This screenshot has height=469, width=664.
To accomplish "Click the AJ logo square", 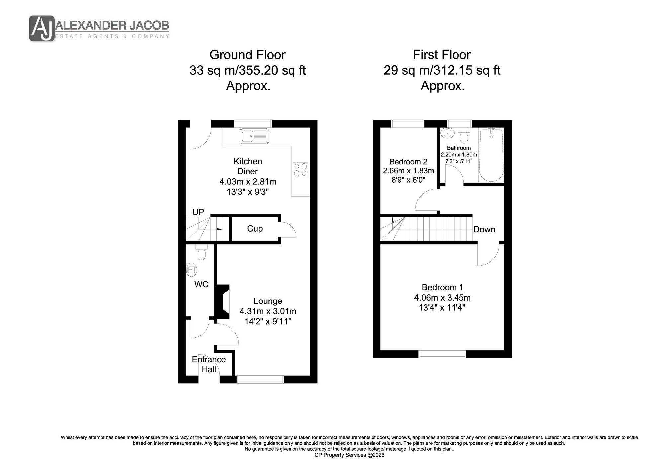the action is tap(41, 29).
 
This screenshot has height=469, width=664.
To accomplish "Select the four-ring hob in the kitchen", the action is tap(301, 170).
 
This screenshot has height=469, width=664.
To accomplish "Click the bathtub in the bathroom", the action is tap(491, 155).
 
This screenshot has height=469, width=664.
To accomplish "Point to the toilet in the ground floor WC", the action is tap(201, 252).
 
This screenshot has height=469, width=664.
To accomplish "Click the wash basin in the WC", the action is tap(191, 269).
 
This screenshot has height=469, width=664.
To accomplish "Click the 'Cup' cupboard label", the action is tap(255, 229).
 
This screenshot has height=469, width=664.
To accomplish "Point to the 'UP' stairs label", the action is tap(198, 212).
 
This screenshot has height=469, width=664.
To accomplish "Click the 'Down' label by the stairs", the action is tap(484, 229).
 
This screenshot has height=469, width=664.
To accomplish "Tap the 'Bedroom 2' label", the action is tap(408, 162).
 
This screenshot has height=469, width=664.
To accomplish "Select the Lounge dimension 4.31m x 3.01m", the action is tap(268, 311).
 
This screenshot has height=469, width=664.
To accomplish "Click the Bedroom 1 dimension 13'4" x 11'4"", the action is tap(442, 308).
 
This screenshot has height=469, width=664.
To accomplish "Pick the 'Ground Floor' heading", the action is tap(247, 55).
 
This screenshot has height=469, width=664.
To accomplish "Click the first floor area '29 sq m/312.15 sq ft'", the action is tap(442, 70).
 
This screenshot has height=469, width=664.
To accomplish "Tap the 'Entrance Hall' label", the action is tap(209, 364).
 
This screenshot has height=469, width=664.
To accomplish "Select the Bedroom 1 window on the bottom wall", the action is tap(442, 354).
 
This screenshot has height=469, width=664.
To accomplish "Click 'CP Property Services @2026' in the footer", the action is tap(349, 455).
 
